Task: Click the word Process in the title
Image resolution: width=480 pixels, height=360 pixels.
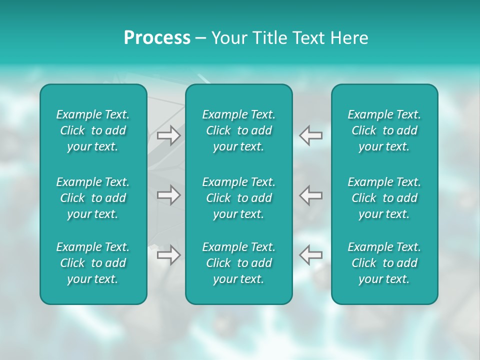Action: [x=157, y=38]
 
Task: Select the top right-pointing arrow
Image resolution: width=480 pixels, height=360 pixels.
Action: [x=169, y=135]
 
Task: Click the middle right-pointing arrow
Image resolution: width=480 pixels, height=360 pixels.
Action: [x=169, y=194]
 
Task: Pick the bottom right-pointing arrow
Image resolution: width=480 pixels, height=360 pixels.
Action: [x=169, y=255]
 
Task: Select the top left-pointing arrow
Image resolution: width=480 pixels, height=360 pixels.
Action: [x=311, y=135]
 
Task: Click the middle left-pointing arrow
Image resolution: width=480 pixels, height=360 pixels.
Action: [x=311, y=194]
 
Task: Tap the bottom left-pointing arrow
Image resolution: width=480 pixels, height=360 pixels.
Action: [x=311, y=255]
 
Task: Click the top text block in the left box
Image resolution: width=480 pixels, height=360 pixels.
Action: [x=93, y=130]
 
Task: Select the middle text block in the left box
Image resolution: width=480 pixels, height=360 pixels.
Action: [x=93, y=198]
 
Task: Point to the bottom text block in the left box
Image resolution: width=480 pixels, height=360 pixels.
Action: [x=93, y=263]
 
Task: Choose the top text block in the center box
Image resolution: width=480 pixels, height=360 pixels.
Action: [x=238, y=130]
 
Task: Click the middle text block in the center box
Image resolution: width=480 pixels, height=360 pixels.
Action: [x=238, y=198]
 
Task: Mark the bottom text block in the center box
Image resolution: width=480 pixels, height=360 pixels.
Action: [x=238, y=263]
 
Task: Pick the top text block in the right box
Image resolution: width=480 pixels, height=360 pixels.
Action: [x=384, y=130]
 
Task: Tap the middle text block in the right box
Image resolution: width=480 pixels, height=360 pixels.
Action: [x=384, y=198]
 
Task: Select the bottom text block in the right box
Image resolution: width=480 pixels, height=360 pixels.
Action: [x=384, y=263]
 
